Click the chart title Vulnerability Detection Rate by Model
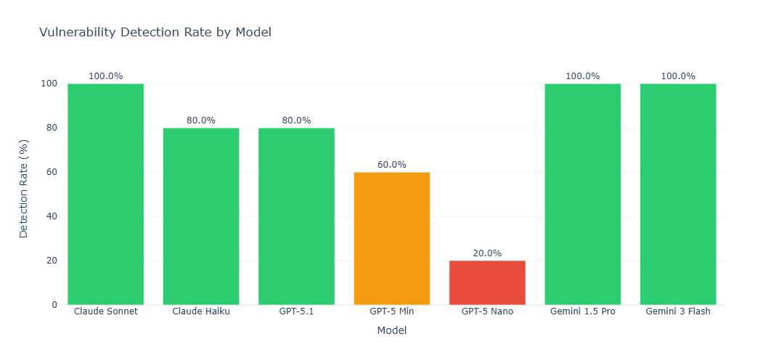pyautogui.click(x=155, y=33)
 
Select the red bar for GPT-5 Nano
pyautogui.click(x=487, y=282)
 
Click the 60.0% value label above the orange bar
pyautogui.click(x=392, y=165)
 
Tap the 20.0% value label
pyautogui.click(x=487, y=253)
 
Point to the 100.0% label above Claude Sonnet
pyautogui.click(x=106, y=76)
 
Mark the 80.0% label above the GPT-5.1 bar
pyautogui.click(x=296, y=121)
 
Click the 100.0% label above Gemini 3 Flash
pyautogui.click(x=678, y=76)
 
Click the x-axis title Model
pyautogui.click(x=392, y=330)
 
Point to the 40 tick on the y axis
pyautogui.click(x=54, y=216)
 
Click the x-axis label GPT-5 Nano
pyautogui.click(x=487, y=311)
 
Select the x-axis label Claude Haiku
pyautogui.click(x=201, y=311)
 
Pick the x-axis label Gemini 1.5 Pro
pyautogui.click(x=583, y=311)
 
